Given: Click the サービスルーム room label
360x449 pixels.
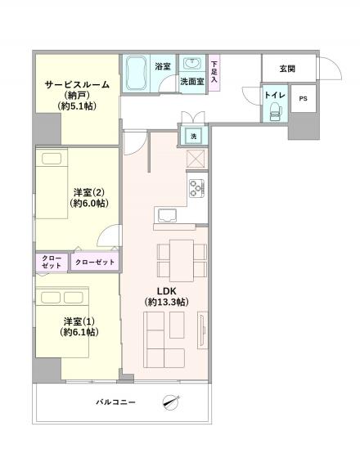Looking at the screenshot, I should point(78,83).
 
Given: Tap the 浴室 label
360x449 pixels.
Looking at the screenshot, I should point(162,66).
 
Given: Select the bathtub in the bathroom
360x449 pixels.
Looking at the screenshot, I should point(136,74).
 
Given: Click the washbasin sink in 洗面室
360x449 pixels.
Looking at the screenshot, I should point(193,65).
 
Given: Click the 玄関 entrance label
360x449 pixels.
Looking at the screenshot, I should point(287,68).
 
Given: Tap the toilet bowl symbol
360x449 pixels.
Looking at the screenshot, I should point(273,112).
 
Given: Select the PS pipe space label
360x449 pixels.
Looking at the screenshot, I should point(304,99).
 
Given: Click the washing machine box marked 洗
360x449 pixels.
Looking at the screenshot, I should point(194,135).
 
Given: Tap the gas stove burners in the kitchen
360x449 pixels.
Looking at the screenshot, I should point(197,188).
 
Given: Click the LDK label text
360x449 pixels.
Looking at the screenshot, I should point(167,291).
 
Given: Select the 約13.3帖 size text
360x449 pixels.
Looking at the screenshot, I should point(167,303).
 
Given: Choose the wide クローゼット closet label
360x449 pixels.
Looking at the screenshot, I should point(94,262).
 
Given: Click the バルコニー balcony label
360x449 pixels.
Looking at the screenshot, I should point(115,402).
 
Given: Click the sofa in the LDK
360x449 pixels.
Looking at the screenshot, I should point(164,340).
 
